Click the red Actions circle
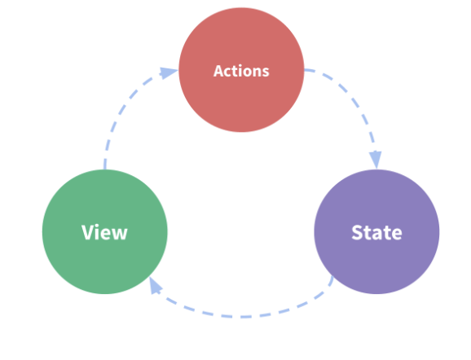pyautogui.click(x=241, y=70)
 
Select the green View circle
pyautogui.click(x=105, y=232)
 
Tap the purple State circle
pyautogui.click(x=376, y=232)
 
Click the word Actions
pyautogui.click(x=241, y=71)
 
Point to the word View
pyautogui.click(x=104, y=232)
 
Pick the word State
pyautogui.click(x=376, y=232)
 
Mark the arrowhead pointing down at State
pyautogui.click(x=376, y=159)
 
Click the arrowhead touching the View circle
pyautogui.click(x=155, y=286)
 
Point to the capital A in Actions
pyautogui.click(x=219, y=71)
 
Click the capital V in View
pyautogui.click(x=87, y=232)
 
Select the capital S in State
pyautogui.click(x=357, y=232)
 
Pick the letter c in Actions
pyautogui.click(x=231, y=72)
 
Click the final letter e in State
pyautogui.click(x=397, y=235)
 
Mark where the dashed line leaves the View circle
pyautogui.click(x=104, y=169)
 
